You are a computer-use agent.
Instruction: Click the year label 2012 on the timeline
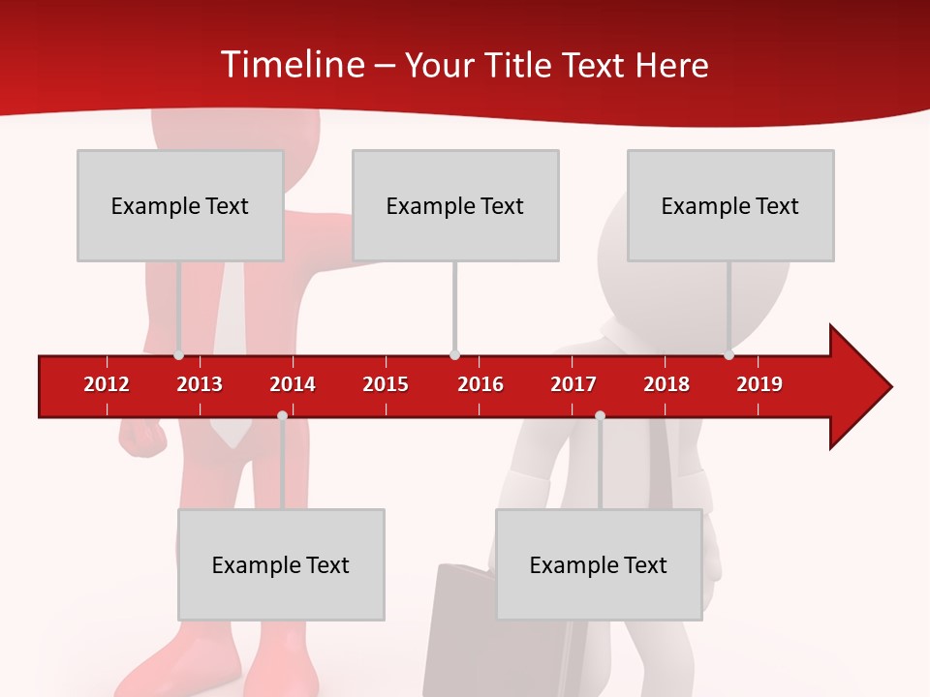tap(107, 384)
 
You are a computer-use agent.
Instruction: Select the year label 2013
tap(200, 384)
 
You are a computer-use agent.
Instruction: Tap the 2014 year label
tap(293, 384)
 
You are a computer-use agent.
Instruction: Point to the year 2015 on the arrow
tap(386, 384)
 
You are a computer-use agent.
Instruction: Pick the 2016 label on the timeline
tap(480, 384)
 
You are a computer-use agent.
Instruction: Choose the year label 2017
tap(573, 384)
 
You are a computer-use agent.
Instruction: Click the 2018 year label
tap(666, 384)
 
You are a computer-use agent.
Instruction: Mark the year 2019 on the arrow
tap(759, 384)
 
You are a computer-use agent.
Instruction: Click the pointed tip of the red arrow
tap(888, 387)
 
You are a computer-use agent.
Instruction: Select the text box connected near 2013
tap(180, 205)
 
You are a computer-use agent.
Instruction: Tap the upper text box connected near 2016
tap(455, 205)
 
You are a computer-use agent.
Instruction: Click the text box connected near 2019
tap(730, 205)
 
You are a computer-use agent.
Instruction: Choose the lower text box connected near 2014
tap(281, 564)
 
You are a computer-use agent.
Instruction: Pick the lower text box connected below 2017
tap(599, 564)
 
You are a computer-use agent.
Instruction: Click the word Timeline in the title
tap(292, 65)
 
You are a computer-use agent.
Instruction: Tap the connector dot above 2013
tap(179, 354)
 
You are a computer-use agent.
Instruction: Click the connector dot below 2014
tap(282, 415)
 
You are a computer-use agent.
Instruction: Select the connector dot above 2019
tap(728, 354)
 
